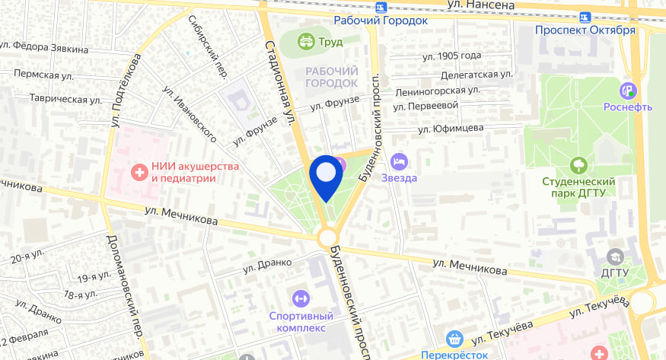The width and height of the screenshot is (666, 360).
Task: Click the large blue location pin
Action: [326, 176]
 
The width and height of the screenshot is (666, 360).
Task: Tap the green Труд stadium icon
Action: [307, 41]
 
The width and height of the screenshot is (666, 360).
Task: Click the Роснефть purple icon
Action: [628, 90]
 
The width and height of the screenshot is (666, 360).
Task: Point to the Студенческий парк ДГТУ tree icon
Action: [578, 164]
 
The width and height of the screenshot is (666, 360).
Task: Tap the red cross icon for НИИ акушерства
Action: [139, 172]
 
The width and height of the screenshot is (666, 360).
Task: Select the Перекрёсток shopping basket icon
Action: [455, 339]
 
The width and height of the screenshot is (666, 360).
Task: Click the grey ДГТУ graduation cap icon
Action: [614, 255]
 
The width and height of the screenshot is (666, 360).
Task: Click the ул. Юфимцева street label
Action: [451, 128]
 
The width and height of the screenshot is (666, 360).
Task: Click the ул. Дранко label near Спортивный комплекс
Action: [267, 263]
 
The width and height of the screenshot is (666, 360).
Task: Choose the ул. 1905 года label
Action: [451, 56]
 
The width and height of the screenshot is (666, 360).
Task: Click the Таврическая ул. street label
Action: [65, 99]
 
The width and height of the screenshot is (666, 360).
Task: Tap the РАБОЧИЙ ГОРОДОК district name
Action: [331, 76]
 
